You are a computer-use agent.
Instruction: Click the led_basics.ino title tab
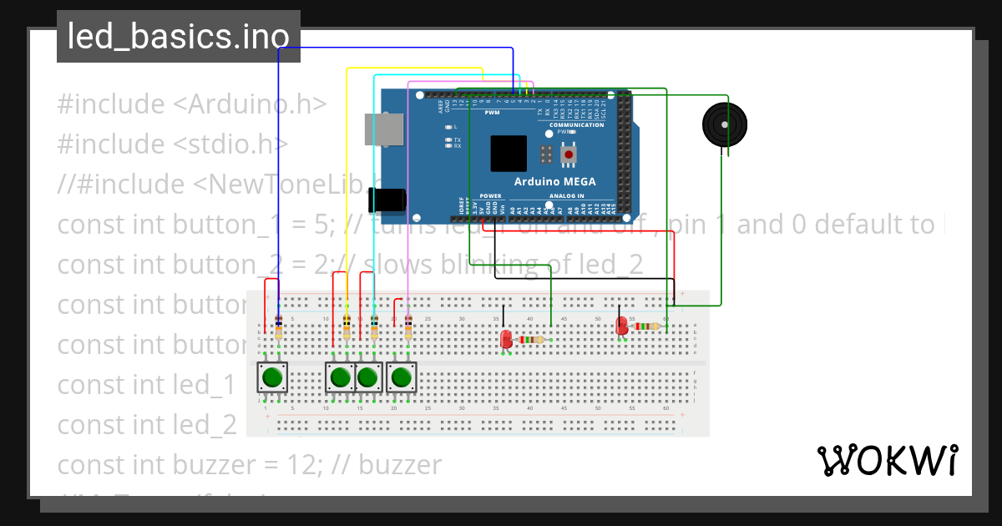(178, 37)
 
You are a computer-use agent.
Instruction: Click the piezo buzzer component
(724, 125)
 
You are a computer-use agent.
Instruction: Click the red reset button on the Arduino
(569, 154)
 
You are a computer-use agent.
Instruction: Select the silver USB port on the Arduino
(383, 130)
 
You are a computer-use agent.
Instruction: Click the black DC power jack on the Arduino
(388, 199)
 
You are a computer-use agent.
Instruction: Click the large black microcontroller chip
(509, 154)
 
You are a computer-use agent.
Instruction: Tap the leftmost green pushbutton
(271, 377)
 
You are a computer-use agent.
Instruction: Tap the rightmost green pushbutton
(402, 377)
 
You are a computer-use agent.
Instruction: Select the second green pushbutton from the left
(340, 377)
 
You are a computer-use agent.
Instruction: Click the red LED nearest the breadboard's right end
(621, 326)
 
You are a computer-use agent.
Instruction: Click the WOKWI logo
(887, 460)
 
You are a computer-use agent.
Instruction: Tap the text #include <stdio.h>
(173, 144)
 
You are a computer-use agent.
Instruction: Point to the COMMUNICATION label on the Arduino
(576, 125)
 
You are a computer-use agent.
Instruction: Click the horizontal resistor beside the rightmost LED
(647, 327)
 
